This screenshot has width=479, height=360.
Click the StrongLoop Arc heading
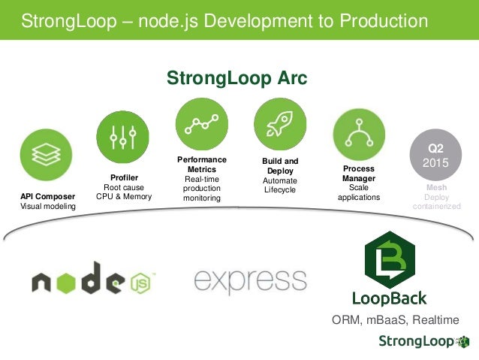click(236, 78)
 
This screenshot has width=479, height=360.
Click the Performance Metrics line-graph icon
click(201, 123)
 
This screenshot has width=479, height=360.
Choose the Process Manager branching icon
click(358, 134)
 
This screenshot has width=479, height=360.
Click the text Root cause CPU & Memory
click(124, 192)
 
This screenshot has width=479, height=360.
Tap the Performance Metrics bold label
click(201, 165)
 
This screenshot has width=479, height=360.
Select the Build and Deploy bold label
click(280, 166)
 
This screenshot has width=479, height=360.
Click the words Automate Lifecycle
click(280, 185)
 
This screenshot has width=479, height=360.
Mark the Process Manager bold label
click(359, 174)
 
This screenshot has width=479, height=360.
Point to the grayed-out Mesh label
click(436, 188)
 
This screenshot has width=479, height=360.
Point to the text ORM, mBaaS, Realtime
click(395, 320)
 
